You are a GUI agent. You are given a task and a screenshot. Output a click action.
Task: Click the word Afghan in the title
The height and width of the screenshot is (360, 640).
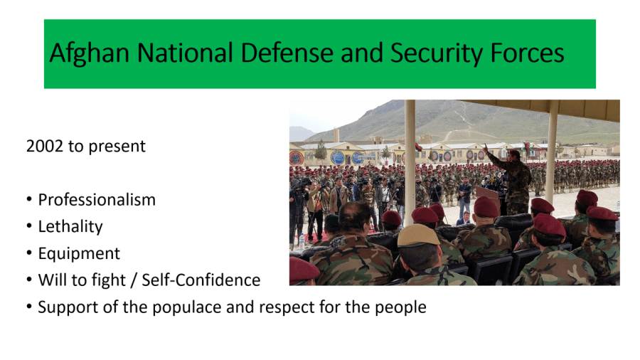tap(90, 53)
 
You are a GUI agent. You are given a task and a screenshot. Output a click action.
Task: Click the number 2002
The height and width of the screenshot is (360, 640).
tap(45, 146)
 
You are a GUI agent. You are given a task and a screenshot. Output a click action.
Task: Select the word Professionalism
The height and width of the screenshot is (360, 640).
tap(97, 200)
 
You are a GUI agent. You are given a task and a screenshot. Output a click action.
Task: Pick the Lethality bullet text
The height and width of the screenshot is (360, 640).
tap(70, 226)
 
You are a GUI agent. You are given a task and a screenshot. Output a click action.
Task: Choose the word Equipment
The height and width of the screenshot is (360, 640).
tap(79, 253)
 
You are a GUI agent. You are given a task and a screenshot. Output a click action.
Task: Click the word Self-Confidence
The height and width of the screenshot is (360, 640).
tap(201, 280)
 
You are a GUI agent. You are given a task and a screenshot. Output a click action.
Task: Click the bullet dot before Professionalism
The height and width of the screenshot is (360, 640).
tap(29, 200)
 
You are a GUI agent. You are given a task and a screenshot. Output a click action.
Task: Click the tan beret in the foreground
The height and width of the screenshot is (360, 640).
tap(418, 235)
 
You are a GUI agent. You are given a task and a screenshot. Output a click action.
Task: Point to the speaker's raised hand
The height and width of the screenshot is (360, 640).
tap(485, 147)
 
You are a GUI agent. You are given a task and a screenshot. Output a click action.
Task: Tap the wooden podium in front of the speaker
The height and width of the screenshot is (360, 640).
tap(488, 198)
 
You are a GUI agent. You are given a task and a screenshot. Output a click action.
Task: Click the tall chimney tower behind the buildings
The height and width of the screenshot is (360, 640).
tap(336, 135)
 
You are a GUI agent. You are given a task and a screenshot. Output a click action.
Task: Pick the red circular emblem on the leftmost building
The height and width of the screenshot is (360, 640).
tap(296, 158)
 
